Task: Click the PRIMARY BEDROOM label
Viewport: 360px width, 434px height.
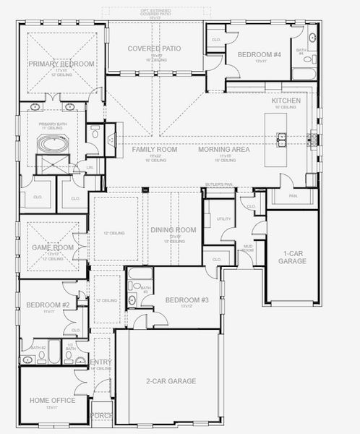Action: click(x=61, y=64)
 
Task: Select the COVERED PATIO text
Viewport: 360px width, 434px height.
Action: click(x=154, y=48)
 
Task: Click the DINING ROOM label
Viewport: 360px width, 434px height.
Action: click(x=173, y=230)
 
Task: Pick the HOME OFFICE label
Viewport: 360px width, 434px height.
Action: click(x=51, y=400)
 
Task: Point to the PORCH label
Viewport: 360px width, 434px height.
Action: click(x=101, y=416)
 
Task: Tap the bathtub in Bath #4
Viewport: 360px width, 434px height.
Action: click(x=304, y=73)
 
